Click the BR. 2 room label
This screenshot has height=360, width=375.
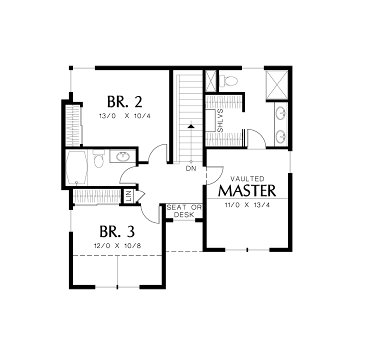pyautogui.click(x=124, y=102)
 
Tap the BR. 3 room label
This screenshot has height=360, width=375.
pyautogui.click(x=117, y=231)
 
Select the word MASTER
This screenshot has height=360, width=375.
pyautogui.click(x=247, y=190)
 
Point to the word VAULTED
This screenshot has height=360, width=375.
pyautogui.click(x=247, y=178)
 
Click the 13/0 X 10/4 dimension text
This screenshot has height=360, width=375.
pyautogui.click(x=124, y=116)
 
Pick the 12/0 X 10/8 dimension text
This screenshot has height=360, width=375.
pyautogui.click(x=117, y=245)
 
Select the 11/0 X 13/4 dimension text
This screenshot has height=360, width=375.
pyautogui.click(x=247, y=205)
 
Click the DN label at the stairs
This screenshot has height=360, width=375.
pyautogui.click(x=191, y=168)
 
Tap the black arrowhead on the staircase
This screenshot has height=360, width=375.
pyautogui.click(x=191, y=126)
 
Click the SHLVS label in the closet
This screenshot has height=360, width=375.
pyautogui.click(x=220, y=120)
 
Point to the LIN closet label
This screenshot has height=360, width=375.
pyautogui.click(x=129, y=195)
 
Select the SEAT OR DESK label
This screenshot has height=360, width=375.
pyautogui.click(x=184, y=211)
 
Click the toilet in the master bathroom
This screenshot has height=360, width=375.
pyautogui.click(x=228, y=80)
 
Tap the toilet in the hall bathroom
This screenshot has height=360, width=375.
pyautogui.click(x=99, y=158)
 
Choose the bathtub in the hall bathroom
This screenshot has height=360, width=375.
pyautogui.click(x=76, y=167)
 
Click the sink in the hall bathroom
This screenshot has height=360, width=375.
pyautogui.click(x=123, y=156)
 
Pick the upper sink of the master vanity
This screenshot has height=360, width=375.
pyautogui.click(x=280, y=113)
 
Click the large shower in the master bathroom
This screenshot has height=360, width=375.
pyautogui.click(x=277, y=85)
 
